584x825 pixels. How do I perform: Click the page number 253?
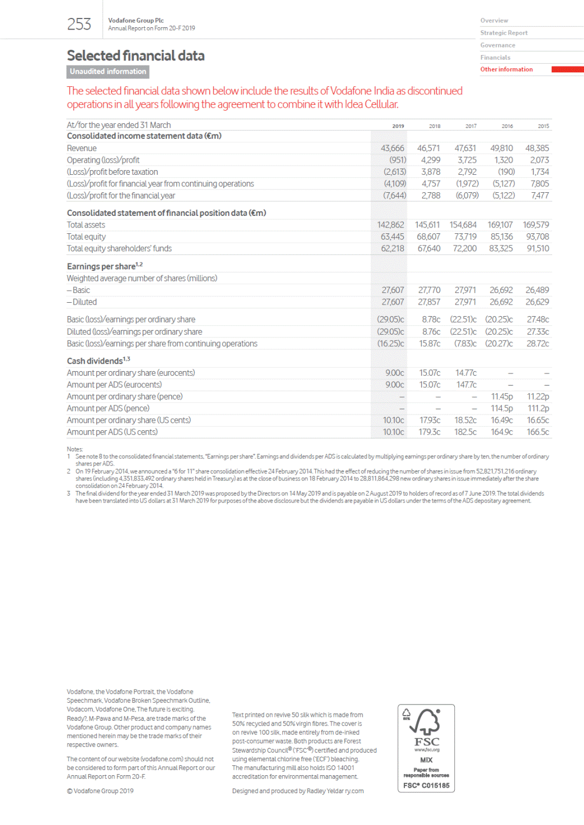(x=79, y=24)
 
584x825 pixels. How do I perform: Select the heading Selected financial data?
(x=136, y=56)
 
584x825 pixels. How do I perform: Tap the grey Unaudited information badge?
(x=108, y=72)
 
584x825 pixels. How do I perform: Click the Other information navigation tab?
(x=506, y=69)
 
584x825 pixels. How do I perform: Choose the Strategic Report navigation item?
(x=503, y=33)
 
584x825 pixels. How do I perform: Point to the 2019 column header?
(x=398, y=126)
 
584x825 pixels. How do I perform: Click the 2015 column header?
(x=543, y=126)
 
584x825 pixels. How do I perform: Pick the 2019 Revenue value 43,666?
(x=392, y=148)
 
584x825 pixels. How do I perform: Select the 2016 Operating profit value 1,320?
(x=503, y=160)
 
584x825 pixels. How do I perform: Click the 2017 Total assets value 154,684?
(x=463, y=225)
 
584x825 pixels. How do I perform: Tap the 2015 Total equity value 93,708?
(x=537, y=237)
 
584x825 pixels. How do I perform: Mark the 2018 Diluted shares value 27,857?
(x=429, y=302)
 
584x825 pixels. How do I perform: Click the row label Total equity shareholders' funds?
(x=119, y=249)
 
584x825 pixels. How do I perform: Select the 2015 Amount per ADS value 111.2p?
(x=538, y=409)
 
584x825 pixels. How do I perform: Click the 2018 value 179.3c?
(x=429, y=432)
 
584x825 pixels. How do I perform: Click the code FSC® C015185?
(x=426, y=786)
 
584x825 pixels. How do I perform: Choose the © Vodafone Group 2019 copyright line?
(x=100, y=791)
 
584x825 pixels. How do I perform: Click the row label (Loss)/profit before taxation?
(x=112, y=172)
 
